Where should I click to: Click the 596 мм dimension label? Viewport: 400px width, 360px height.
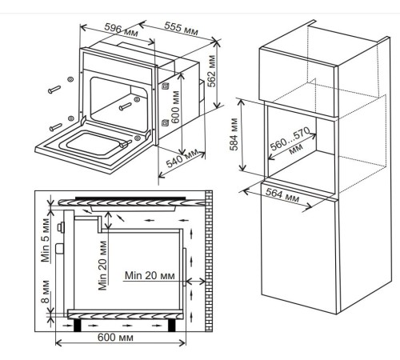[x=122, y=30]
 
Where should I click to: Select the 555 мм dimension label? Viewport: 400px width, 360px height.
[x=182, y=29]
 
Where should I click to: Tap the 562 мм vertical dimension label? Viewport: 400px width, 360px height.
[x=211, y=71]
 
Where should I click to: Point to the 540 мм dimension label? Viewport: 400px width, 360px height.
[x=182, y=158]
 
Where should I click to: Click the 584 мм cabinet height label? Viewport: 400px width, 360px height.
[x=234, y=134]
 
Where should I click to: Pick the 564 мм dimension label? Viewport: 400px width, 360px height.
[x=282, y=195]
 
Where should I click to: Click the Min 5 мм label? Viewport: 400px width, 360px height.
[x=46, y=240]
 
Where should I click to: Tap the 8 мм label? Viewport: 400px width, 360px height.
[x=46, y=291]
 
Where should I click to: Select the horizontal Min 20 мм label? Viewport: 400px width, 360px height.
[x=150, y=275]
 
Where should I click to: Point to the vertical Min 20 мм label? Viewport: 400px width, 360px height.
[x=102, y=266]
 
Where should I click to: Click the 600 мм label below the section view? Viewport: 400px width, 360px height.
[x=115, y=337]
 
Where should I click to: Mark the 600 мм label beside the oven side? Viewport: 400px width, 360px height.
[x=175, y=107]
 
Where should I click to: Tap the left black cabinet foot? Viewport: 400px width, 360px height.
[x=78, y=325]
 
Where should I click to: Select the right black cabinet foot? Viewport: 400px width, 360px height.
[x=172, y=325]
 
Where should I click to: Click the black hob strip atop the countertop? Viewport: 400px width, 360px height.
[x=130, y=198]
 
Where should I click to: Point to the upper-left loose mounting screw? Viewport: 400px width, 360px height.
[x=54, y=90]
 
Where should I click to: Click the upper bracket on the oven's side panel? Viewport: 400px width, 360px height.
[x=165, y=86]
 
